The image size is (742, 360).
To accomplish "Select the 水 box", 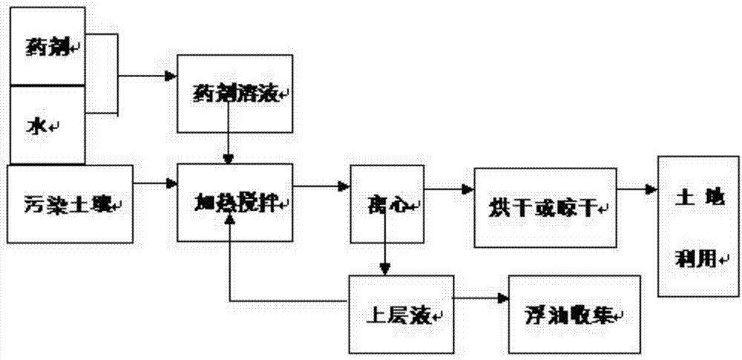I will (x=46, y=123).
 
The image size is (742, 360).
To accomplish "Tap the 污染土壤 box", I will (x=70, y=201).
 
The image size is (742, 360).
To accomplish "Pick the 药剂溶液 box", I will (x=234, y=93).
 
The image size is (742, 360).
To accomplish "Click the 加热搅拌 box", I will (x=234, y=201).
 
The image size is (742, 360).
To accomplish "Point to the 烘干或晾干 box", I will (x=544, y=207).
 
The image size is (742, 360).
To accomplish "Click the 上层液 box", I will (x=401, y=313).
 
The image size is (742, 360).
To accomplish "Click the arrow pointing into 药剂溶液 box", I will (x=148, y=75).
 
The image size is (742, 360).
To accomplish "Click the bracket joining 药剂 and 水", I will (x=117, y=74).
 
